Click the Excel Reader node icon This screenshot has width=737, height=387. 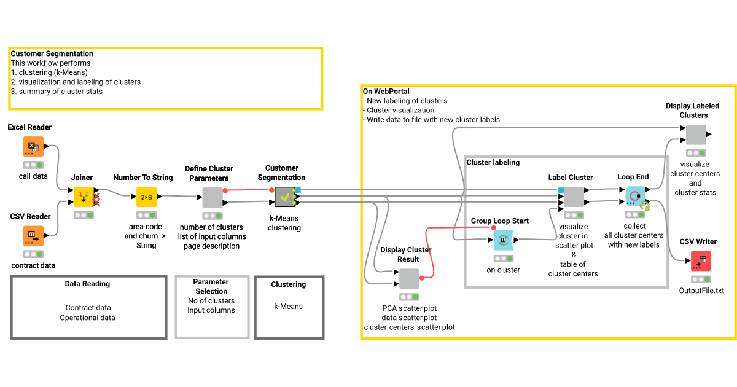33,147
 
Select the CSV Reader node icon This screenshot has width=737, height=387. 33,236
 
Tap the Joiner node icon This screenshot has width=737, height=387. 84,197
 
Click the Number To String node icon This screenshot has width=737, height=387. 146,197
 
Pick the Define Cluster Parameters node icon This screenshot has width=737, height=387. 212,197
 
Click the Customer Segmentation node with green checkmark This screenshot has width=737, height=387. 285,197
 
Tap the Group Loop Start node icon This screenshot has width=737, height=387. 503,240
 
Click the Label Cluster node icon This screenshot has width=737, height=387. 574,197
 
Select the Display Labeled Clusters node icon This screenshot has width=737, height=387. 695,135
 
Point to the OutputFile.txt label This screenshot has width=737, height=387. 701,290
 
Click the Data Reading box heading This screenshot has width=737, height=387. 87,284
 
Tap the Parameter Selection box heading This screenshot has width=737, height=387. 211,287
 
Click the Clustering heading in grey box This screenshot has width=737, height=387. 288,284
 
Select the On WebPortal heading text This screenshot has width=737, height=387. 386,92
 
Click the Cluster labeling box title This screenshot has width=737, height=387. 493,163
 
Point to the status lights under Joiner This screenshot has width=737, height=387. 84,215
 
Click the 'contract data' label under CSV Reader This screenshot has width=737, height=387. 33,265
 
